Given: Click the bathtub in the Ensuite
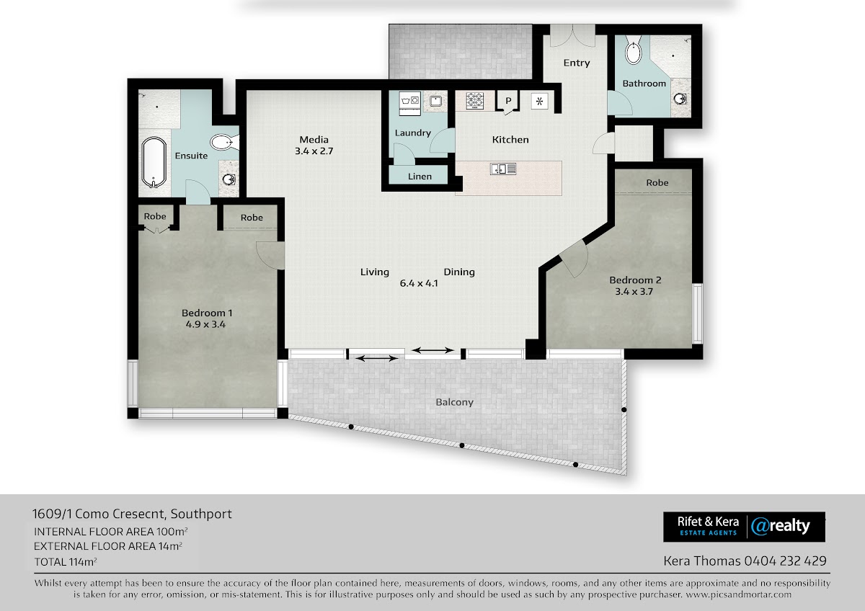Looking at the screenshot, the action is click(x=154, y=163).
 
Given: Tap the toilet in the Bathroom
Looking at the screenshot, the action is click(x=634, y=50).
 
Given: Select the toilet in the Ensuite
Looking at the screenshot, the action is click(x=224, y=143).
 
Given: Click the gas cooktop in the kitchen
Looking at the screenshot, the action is click(x=474, y=100).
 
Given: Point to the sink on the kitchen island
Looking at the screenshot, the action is click(x=503, y=169).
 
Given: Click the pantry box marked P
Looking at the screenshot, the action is click(x=507, y=101).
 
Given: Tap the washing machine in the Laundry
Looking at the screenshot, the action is click(x=409, y=103).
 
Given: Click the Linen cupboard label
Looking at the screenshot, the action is click(x=420, y=177).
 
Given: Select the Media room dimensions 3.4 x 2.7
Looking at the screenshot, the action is click(x=314, y=151).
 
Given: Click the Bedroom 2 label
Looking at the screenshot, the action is click(x=635, y=280).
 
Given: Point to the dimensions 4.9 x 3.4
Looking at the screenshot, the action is click(x=205, y=324).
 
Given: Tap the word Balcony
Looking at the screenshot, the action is click(x=455, y=402).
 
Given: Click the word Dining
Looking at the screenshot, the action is click(x=459, y=272).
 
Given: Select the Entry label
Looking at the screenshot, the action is click(x=577, y=63).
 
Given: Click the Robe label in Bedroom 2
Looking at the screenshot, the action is click(x=657, y=182).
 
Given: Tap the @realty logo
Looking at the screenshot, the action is click(x=780, y=527).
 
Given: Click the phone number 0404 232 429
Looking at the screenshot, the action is click(x=786, y=561).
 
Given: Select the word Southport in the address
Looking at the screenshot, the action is click(x=201, y=514).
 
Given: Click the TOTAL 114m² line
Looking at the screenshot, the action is click(x=66, y=561).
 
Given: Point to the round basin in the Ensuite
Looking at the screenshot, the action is click(x=229, y=179).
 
